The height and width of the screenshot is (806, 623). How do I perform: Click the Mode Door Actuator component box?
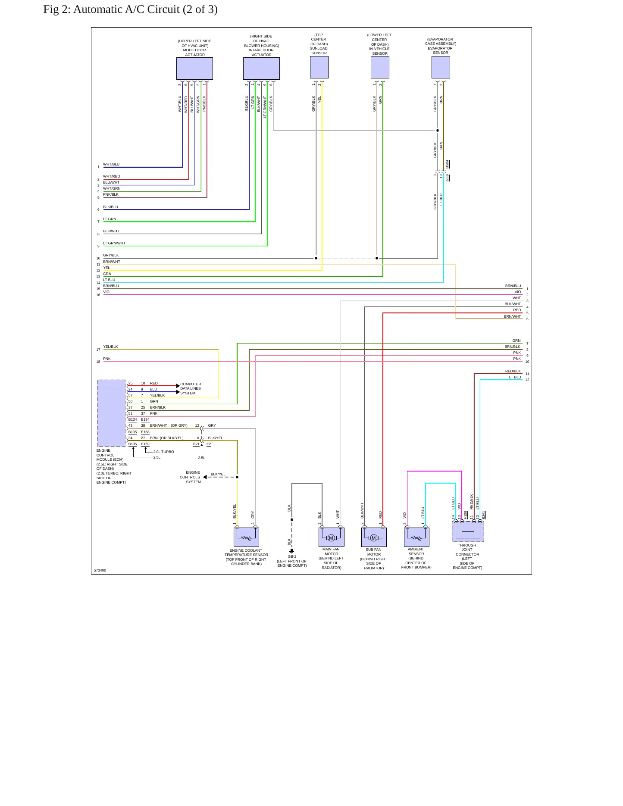click(x=194, y=69)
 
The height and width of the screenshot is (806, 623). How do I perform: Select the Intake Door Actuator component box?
click(x=261, y=69)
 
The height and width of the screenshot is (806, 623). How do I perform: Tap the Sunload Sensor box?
click(x=319, y=67)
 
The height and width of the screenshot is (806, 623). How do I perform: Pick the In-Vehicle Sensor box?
click(x=380, y=67)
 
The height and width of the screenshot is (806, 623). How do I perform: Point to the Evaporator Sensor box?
click(x=441, y=67)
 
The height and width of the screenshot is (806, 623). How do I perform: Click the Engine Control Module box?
click(x=111, y=413)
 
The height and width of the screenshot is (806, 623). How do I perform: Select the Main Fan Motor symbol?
click(x=331, y=537)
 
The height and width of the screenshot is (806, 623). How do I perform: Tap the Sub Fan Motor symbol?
click(x=374, y=537)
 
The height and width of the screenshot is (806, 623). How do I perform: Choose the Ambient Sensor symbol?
click(x=416, y=537)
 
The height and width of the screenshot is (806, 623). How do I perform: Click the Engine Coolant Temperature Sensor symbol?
click(x=246, y=537)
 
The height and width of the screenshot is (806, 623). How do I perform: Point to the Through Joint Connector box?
click(x=468, y=531)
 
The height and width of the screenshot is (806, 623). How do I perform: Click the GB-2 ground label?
click(x=292, y=556)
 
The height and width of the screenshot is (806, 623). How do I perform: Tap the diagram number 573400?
click(x=100, y=570)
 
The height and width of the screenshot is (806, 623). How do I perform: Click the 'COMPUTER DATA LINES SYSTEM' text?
click(x=191, y=388)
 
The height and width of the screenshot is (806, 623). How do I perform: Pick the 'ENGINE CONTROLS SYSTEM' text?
click(x=190, y=477)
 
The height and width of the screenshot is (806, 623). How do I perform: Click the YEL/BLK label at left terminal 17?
click(x=110, y=347)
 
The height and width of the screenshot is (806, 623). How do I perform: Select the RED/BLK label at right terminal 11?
click(x=513, y=371)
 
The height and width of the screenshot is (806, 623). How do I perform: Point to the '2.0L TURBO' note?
click(x=164, y=452)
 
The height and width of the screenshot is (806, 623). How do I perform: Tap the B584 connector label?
click(x=447, y=164)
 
